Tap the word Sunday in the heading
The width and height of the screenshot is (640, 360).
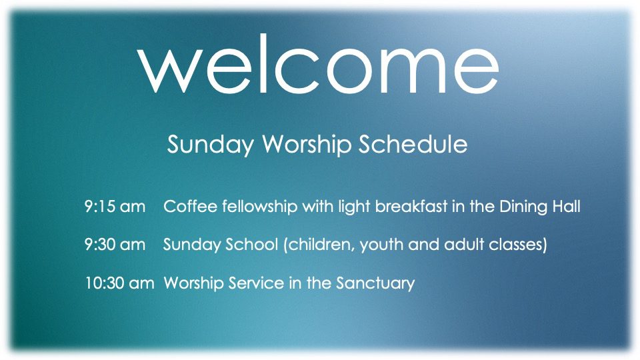pos(210,145)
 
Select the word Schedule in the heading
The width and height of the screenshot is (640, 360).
pos(413,144)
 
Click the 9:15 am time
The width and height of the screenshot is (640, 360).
pos(115,207)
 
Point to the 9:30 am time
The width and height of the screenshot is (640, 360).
pos(115,245)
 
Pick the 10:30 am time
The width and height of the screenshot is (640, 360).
pos(119,283)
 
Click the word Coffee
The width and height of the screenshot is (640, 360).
pos(190,206)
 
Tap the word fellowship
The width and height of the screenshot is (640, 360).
pos(259,207)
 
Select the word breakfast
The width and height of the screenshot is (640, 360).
pos(411,206)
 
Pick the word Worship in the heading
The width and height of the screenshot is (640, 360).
pos(306,145)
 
